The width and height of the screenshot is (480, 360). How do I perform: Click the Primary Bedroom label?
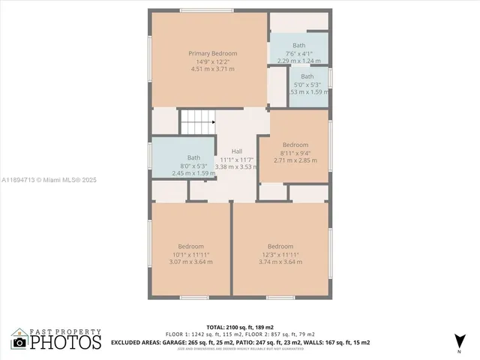coord(212,53)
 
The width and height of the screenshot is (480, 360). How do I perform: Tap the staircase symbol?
coord(197,120)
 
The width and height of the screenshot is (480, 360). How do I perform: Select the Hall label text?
coord(236,151)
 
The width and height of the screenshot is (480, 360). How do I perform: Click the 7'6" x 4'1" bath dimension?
coord(299,53)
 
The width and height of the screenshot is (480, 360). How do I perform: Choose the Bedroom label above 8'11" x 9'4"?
coord(295,145)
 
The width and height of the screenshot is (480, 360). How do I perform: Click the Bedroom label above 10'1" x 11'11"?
coord(190,247)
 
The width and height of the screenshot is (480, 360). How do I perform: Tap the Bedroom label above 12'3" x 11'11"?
coord(280,247)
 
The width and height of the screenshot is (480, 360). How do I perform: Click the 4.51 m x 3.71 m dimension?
coord(212,69)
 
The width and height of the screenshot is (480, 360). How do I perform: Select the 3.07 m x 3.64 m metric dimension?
coord(190,262)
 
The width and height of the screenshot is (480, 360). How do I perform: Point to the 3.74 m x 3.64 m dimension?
coord(280,262)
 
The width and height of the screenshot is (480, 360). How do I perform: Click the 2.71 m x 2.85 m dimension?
coord(295,160)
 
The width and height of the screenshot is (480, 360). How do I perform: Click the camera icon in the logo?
coord(19,343)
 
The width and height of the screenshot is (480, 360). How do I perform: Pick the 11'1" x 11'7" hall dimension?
coord(236,159)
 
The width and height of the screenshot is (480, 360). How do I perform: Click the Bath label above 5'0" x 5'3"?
coord(307,76)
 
